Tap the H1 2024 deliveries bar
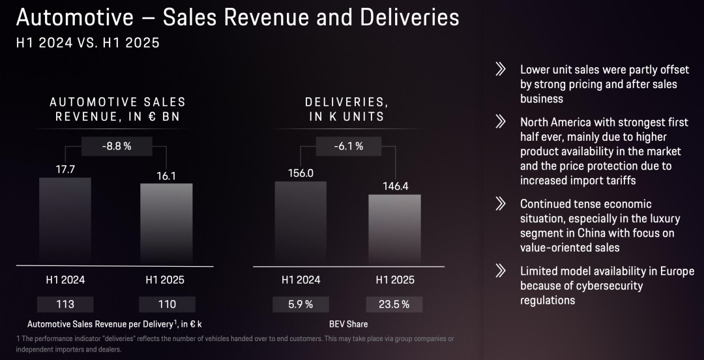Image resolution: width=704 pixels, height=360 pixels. (301, 222)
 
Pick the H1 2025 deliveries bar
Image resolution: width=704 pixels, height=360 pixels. (394, 229)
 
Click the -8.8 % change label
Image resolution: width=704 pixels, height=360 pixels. (117, 146)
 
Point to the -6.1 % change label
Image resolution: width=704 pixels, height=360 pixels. (348, 146)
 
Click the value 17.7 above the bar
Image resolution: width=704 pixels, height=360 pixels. (65, 170)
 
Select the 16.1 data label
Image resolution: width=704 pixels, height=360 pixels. (166, 175)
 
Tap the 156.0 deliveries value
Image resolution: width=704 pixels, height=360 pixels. (301, 173)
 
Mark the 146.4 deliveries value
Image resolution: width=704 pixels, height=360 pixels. (396, 186)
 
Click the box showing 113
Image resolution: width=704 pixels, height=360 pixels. (65, 304)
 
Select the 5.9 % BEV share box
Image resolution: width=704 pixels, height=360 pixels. (301, 304)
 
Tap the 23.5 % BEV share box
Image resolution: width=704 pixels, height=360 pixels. (394, 304)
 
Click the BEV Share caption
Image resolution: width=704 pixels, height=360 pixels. (348, 323)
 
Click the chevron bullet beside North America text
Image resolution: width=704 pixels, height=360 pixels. (501, 121)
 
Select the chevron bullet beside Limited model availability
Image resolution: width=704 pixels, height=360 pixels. (501, 271)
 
